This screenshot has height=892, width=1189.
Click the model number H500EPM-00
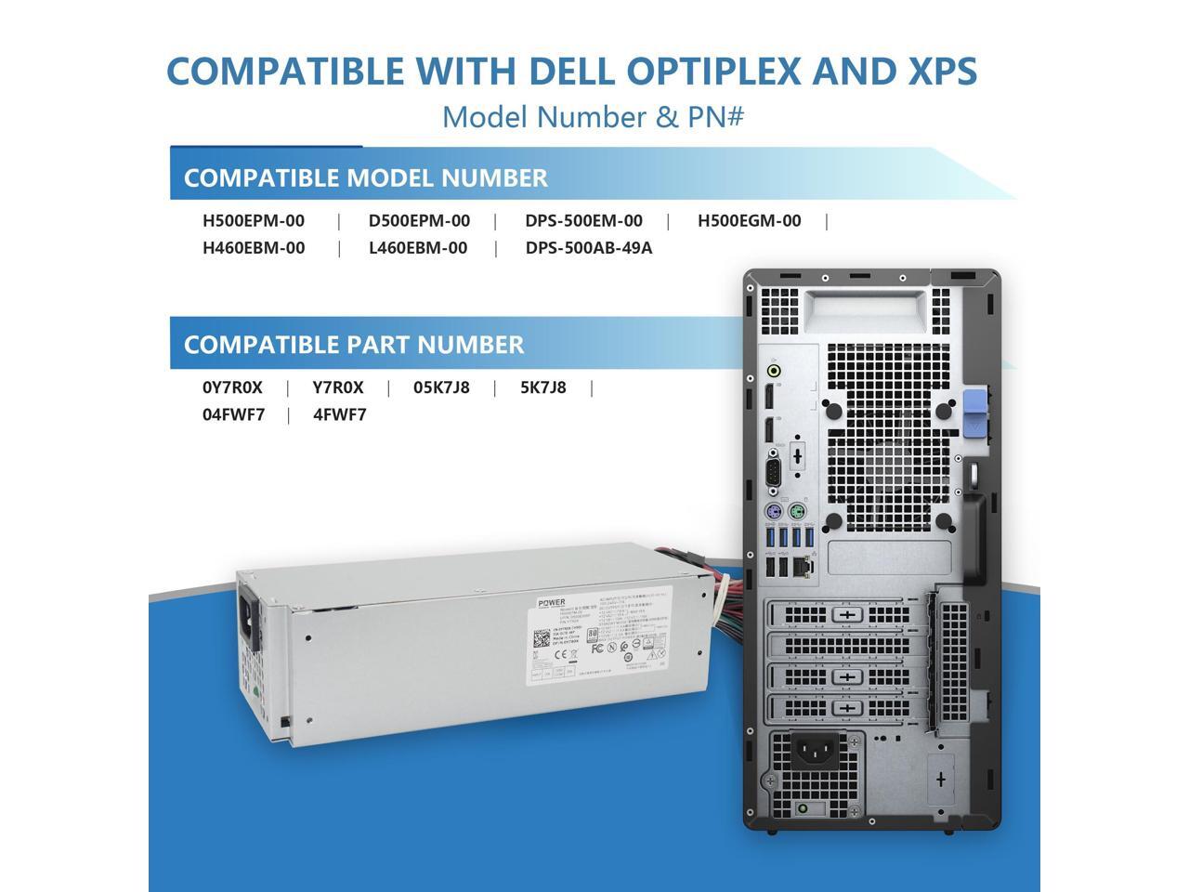click(254, 221)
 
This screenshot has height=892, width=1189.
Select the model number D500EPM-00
click(419, 221)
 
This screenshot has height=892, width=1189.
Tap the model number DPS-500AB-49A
click(589, 248)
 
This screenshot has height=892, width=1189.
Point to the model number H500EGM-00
click(749, 221)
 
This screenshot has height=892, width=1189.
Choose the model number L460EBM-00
click(418, 248)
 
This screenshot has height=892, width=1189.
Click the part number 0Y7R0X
click(232, 387)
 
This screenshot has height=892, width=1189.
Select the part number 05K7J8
click(441, 387)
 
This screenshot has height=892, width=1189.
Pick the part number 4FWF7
click(340, 414)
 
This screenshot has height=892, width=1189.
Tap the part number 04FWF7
click(233, 414)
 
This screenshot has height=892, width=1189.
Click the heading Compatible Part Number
click(354, 345)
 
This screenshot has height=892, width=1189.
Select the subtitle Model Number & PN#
click(593, 117)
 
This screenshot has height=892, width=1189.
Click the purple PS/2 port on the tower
click(771, 512)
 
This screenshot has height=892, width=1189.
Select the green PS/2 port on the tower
click(795, 512)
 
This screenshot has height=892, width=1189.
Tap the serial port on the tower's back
click(772, 473)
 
